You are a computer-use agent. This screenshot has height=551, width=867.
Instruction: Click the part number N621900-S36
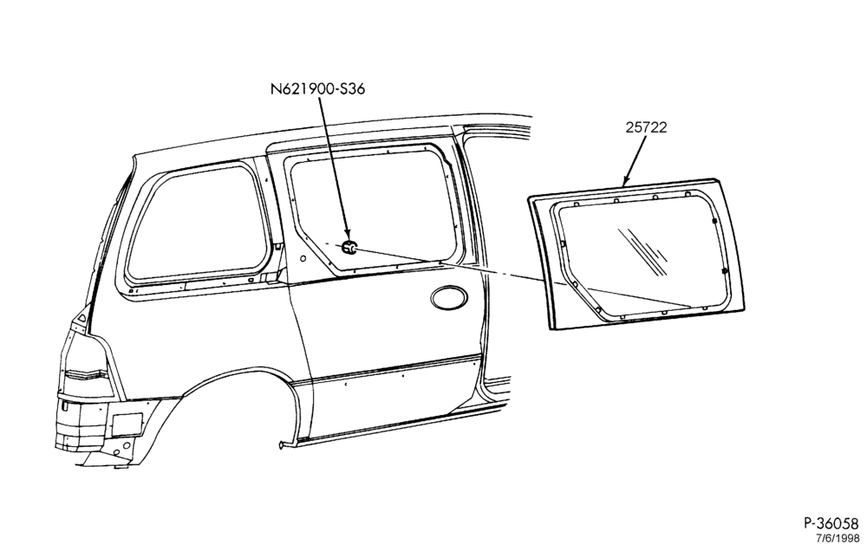[317, 89]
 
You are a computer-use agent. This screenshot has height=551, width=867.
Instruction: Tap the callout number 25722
[647, 127]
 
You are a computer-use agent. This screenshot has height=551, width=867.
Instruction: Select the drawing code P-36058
[831, 523]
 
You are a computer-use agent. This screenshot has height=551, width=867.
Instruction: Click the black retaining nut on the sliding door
[349, 248]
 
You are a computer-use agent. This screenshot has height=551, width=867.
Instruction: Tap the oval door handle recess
[448, 298]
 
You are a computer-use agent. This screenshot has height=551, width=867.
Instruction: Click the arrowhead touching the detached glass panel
[627, 180]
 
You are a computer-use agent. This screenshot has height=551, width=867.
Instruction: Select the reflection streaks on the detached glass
[643, 250]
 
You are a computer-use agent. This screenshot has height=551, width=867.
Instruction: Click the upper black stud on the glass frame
[714, 221]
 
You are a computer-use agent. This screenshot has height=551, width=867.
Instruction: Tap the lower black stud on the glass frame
[724, 272]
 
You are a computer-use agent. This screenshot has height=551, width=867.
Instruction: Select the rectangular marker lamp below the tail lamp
[127, 425]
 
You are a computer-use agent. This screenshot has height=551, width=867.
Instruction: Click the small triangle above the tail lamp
[81, 318]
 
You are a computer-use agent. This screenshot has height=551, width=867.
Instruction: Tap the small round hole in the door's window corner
[303, 259]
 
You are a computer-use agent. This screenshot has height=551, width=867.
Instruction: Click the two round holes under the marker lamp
[121, 448]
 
